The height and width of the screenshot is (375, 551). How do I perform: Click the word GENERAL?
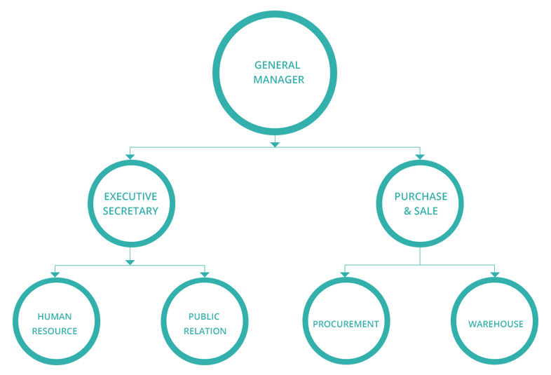click(x=277, y=65)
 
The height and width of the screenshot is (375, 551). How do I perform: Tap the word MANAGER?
click(x=278, y=80)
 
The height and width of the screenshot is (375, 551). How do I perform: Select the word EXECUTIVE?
click(x=130, y=197)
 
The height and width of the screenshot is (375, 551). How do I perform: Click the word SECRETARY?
click(x=130, y=211)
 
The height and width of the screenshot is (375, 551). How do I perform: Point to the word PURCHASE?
click(x=421, y=197)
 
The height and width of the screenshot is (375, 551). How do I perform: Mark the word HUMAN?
click(x=55, y=317)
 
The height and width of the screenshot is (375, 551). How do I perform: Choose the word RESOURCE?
click(x=55, y=331)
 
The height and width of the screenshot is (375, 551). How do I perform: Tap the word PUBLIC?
click(x=204, y=317)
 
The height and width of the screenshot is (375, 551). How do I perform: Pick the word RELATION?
click(x=205, y=331)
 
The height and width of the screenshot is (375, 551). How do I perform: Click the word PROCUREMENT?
click(x=346, y=324)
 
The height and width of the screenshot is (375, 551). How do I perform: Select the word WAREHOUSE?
click(x=496, y=324)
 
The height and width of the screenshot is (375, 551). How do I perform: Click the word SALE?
click(x=426, y=211)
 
